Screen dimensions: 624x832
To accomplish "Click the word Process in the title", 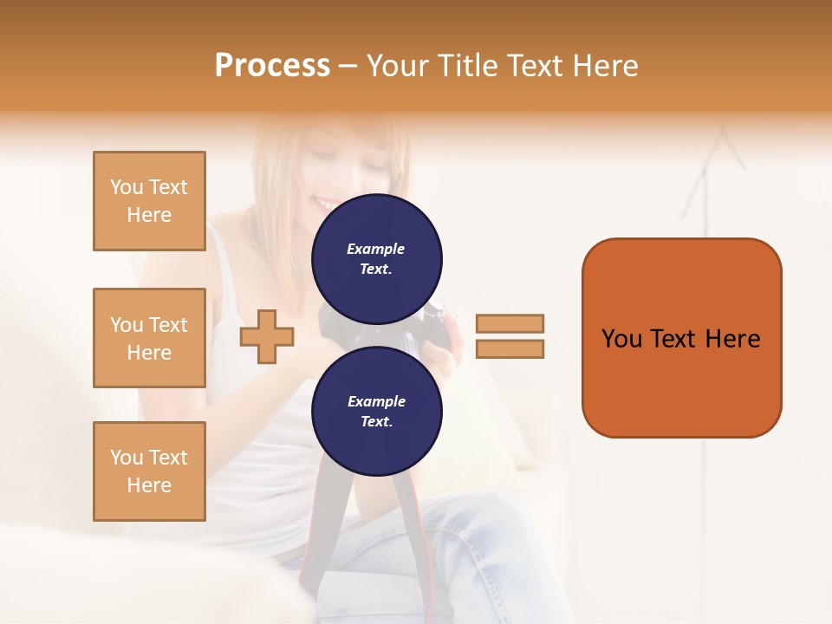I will pyautogui.click(x=272, y=66).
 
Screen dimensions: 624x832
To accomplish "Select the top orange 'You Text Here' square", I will pyautogui.click(x=149, y=201).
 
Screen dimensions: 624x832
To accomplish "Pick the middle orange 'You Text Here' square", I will pyautogui.click(x=149, y=338).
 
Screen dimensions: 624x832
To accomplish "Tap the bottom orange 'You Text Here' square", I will pyautogui.click(x=149, y=471).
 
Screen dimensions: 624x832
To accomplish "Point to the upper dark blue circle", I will pyautogui.click(x=376, y=258).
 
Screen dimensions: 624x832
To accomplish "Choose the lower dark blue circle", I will pyautogui.click(x=376, y=411).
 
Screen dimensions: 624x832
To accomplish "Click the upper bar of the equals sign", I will pyautogui.click(x=510, y=323).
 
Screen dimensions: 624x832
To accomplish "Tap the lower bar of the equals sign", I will pyautogui.click(x=510, y=349).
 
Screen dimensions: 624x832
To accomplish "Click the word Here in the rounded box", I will pyautogui.click(x=732, y=339).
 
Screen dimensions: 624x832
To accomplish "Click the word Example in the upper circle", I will pyautogui.click(x=376, y=249).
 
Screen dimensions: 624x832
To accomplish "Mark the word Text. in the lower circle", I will pyautogui.click(x=376, y=421).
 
